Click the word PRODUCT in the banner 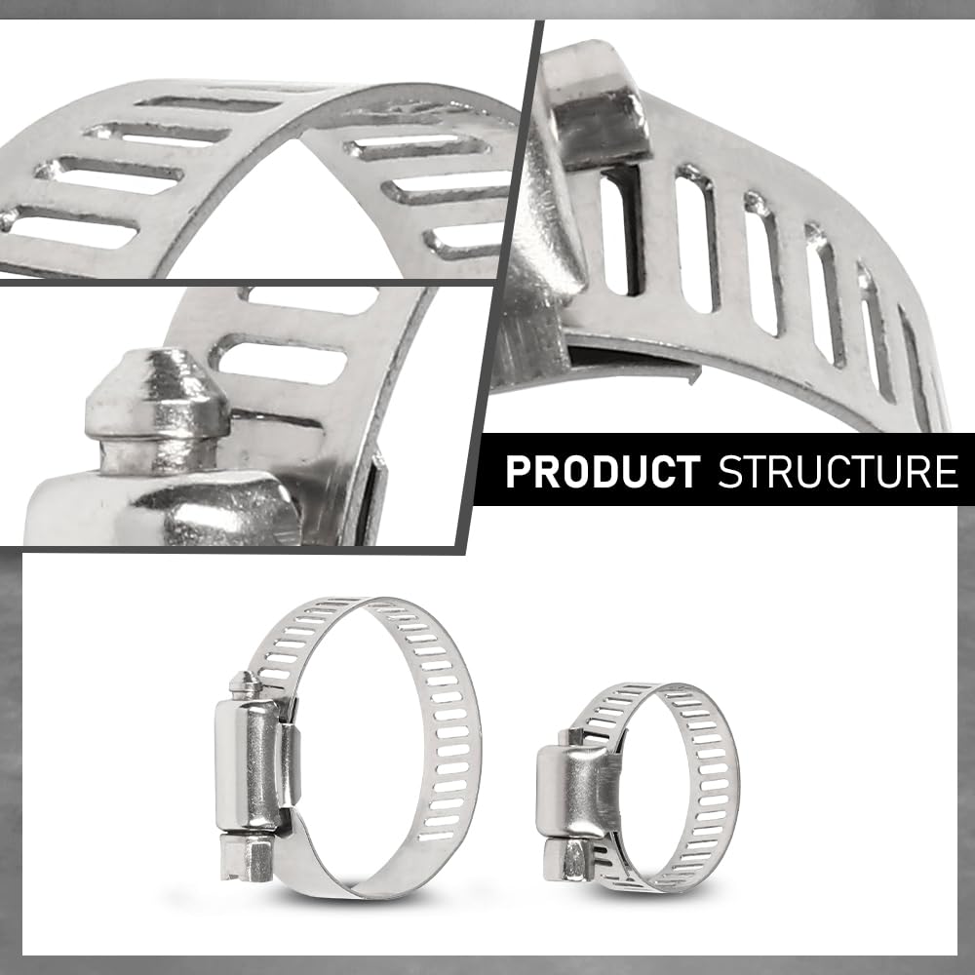[x=603, y=472]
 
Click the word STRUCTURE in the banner [x=838, y=472]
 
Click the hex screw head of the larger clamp [x=246, y=857]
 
